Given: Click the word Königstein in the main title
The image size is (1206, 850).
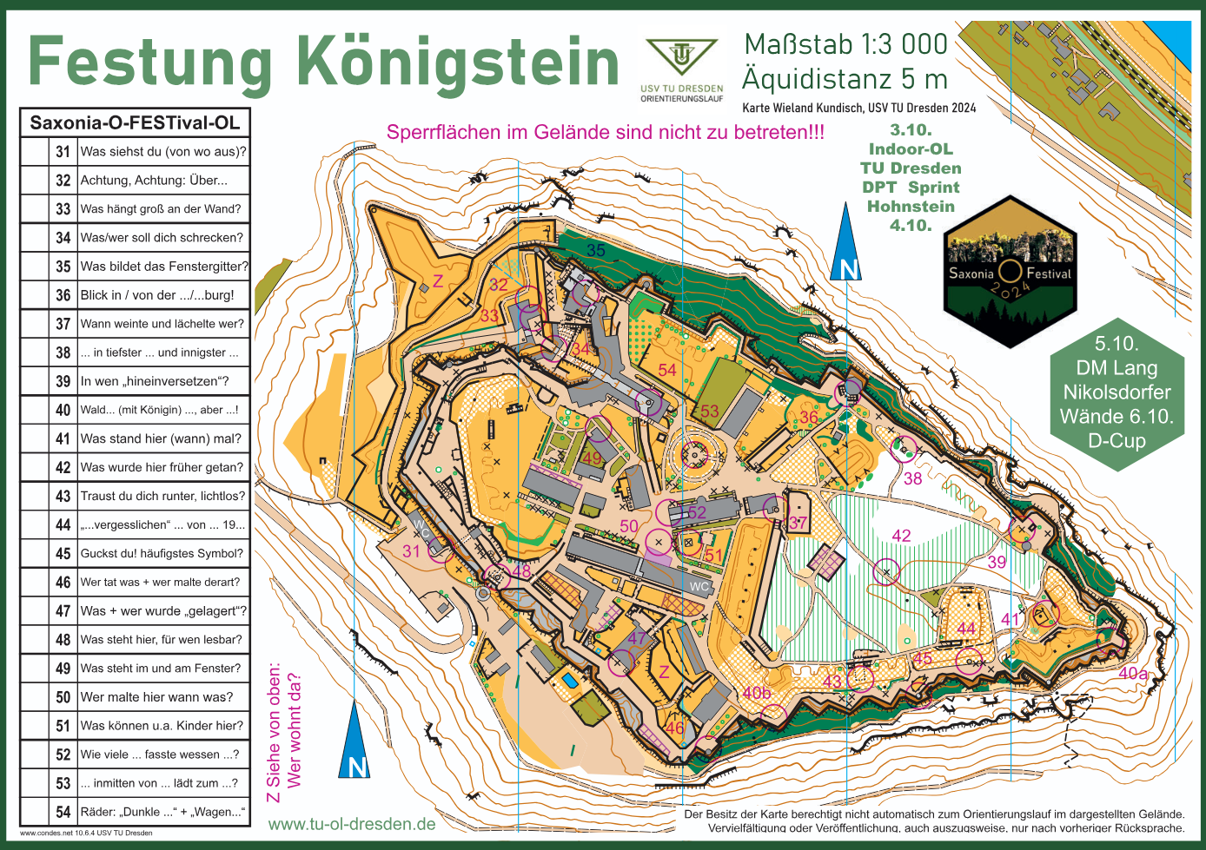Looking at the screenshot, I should click(x=458, y=63).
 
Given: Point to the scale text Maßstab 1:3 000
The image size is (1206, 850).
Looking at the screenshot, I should click(x=845, y=44).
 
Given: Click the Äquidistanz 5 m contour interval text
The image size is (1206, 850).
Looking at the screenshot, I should click(x=845, y=80).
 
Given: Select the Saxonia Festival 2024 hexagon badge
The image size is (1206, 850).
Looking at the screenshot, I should click(x=1010, y=273).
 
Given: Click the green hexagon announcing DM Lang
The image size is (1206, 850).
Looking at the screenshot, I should click(x=1117, y=392).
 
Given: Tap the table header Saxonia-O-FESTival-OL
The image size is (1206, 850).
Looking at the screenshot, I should click(x=135, y=122).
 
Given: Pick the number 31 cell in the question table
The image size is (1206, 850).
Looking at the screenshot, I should click(x=63, y=152).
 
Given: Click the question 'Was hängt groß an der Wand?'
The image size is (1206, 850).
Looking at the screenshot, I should click(x=161, y=209).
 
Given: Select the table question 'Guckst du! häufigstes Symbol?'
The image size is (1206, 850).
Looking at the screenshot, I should click(x=162, y=553).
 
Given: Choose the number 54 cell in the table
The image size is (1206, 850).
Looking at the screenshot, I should click(x=63, y=812).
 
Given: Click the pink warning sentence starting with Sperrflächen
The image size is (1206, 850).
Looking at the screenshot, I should click(x=605, y=133).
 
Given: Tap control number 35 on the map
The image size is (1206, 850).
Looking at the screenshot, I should click(x=595, y=251).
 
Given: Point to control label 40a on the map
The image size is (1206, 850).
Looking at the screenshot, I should click(x=1133, y=673).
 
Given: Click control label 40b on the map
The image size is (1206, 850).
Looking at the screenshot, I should click(x=756, y=693).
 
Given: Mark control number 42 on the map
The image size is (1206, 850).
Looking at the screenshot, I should click(x=901, y=536).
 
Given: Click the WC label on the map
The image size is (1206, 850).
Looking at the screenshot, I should click(x=699, y=586).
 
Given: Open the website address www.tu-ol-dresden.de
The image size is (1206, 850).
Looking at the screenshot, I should click(x=352, y=824).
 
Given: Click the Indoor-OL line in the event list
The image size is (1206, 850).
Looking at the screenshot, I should click(x=911, y=149).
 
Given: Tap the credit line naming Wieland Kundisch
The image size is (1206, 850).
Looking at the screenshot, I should click(x=858, y=109).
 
